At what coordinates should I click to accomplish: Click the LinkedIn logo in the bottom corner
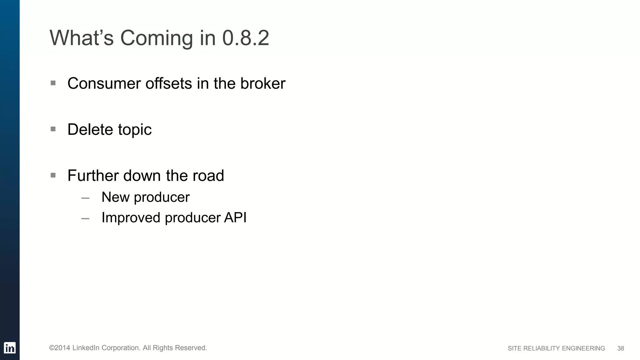[x=10, y=348]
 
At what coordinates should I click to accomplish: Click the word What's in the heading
[x=81, y=38]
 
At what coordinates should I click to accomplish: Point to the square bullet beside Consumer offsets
[x=53, y=83]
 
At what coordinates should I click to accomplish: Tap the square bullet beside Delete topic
[x=53, y=129]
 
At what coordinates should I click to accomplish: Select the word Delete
[x=90, y=129]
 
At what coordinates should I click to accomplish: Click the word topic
[x=135, y=130]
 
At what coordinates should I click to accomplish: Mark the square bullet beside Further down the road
[x=53, y=175]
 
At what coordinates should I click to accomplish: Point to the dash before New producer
[x=85, y=198]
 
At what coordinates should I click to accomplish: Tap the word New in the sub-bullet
[x=115, y=197]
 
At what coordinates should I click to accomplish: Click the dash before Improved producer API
[x=85, y=219]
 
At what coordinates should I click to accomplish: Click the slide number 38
[x=621, y=348]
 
